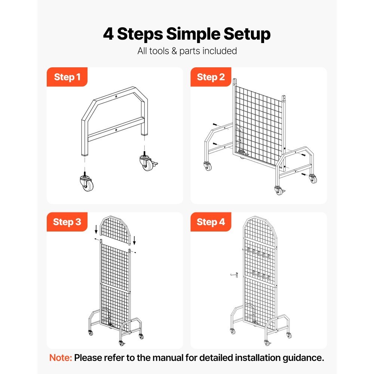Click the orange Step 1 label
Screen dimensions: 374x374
tap(67, 77)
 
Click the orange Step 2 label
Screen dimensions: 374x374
tap(211, 77)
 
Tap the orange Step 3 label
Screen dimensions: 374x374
tap(67, 222)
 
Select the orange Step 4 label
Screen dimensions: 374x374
tap(211, 222)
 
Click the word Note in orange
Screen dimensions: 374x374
tap(60, 358)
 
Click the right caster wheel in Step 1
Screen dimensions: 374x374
tap(146, 163)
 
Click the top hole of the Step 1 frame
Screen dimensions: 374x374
tap(116, 96)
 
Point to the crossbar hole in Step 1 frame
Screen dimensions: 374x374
tap(116, 130)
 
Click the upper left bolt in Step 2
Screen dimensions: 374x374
tap(214, 125)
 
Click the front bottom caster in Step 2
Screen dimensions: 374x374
tap(278, 191)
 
